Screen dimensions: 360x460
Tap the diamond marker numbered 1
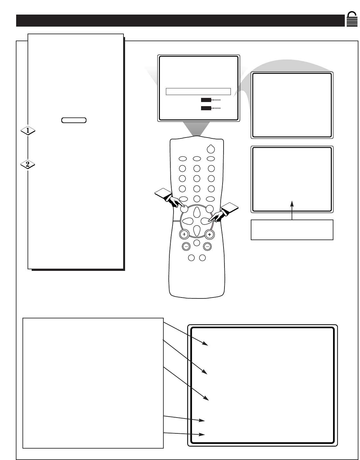click(x=28, y=131)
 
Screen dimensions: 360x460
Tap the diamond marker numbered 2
click(x=28, y=164)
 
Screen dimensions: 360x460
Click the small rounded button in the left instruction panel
click(x=74, y=120)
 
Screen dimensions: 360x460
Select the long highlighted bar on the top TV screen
click(x=198, y=92)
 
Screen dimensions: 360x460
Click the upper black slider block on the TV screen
click(x=206, y=100)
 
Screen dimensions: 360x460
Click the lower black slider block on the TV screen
click(x=206, y=108)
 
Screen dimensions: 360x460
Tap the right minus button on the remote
click(x=207, y=246)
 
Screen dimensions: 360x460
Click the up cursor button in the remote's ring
click(x=197, y=212)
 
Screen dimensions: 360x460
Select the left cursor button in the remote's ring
click(x=187, y=221)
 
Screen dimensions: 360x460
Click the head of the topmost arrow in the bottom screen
click(x=206, y=344)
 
